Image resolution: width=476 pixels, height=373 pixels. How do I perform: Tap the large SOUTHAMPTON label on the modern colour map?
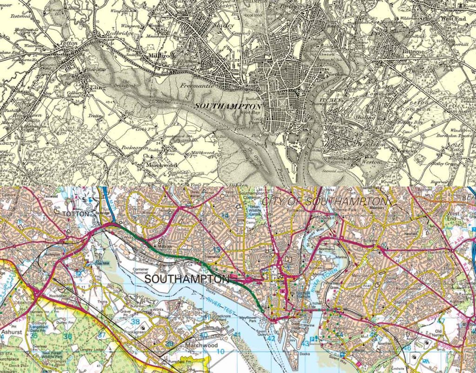(x=187, y=279)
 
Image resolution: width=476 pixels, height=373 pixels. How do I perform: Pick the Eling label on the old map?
(x=98, y=87)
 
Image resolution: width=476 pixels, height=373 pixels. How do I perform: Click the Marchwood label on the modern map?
(x=202, y=345)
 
